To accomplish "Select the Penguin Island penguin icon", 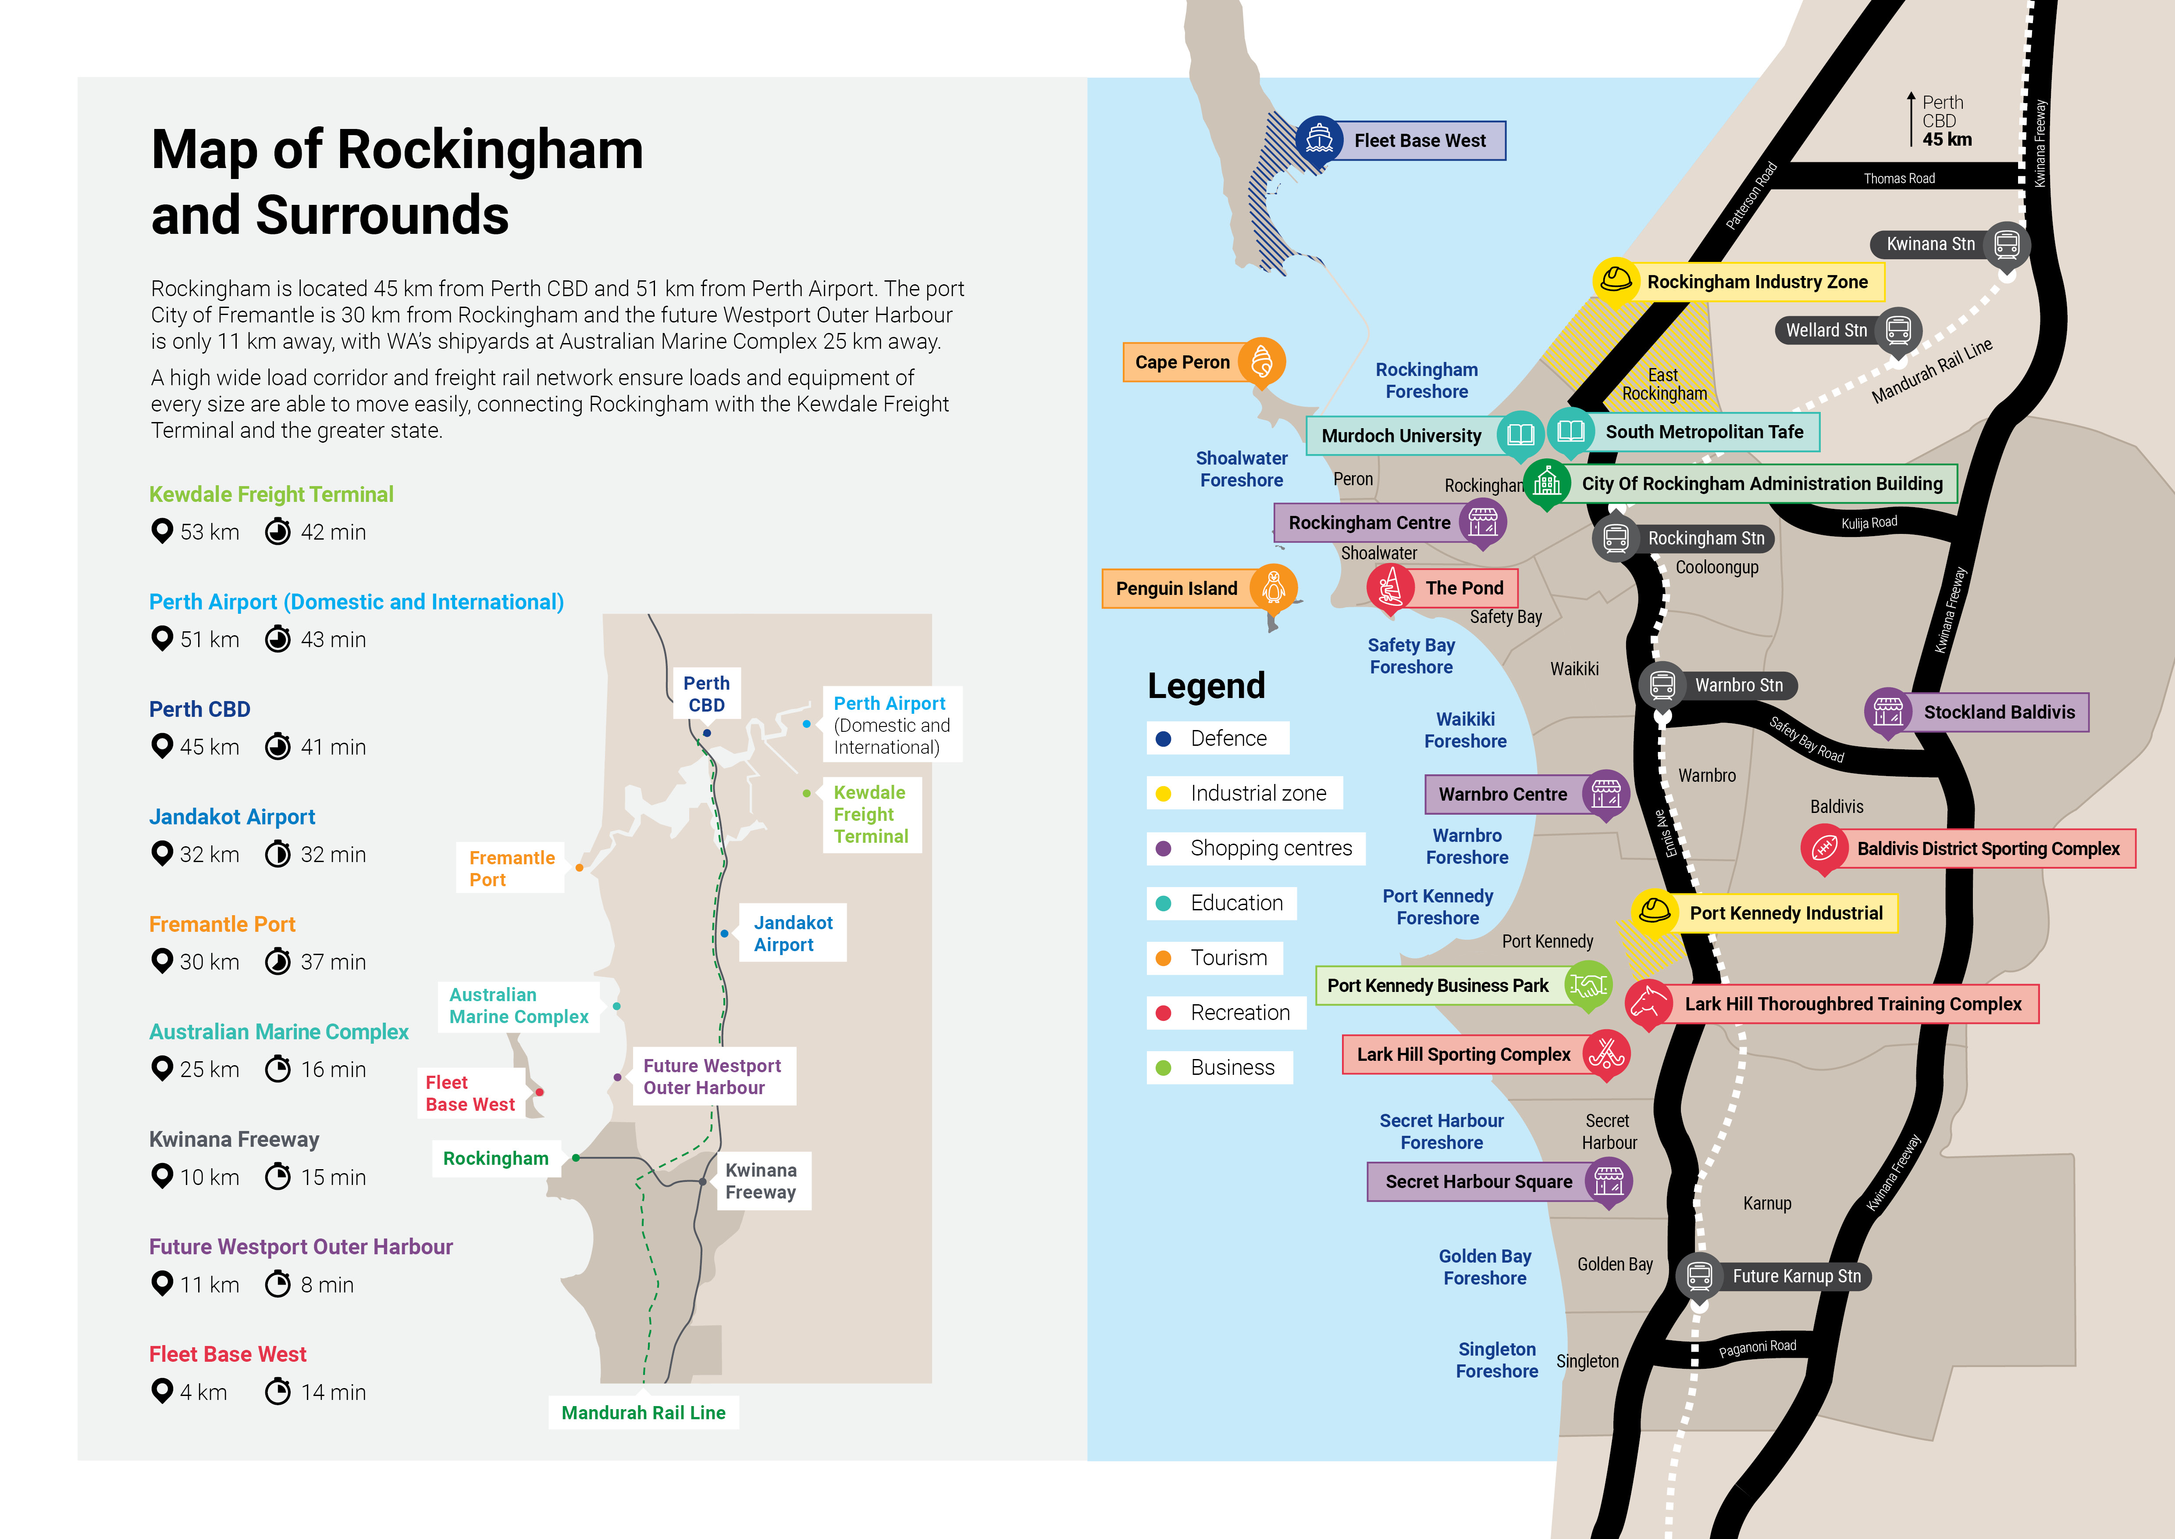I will pyautogui.click(x=1273, y=587).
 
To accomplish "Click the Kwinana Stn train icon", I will pyautogui.click(x=2006, y=244).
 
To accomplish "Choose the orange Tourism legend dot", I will pyautogui.click(x=1163, y=958).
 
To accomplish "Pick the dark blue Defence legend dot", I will pyautogui.click(x=1163, y=738).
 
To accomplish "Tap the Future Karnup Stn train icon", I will pyautogui.click(x=1699, y=1275).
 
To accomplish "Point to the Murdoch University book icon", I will pyautogui.click(x=1520, y=435).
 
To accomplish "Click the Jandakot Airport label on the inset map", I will pyautogui.click(x=793, y=934).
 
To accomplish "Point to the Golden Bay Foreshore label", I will pyautogui.click(x=1484, y=1267).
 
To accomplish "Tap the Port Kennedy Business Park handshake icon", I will pyautogui.click(x=1588, y=986).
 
